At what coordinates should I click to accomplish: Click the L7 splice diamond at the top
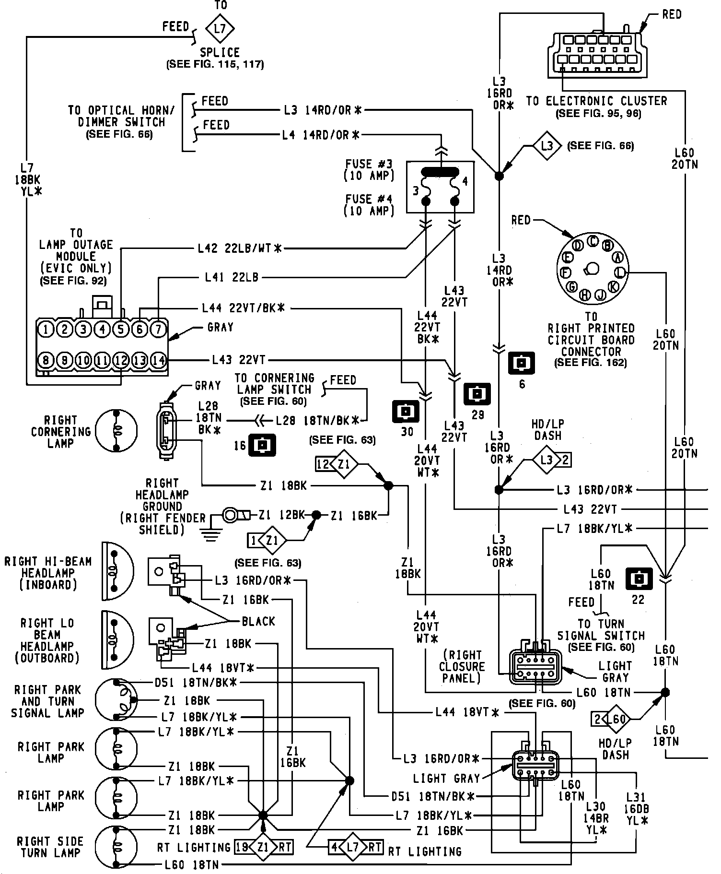(220, 28)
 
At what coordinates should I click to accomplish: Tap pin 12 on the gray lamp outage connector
(121, 360)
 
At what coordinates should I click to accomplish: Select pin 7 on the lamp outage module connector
(158, 329)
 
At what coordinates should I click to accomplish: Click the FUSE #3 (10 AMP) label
(369, 169)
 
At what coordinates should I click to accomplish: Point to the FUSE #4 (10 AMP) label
(369, 205)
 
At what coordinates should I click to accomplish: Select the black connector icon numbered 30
(406, 411)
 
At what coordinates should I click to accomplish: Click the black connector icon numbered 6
(522, 363)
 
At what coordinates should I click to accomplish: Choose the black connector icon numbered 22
(639, 579)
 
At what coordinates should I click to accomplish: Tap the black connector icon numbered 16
(262, 445)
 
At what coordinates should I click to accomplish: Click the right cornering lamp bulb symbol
(116, 431)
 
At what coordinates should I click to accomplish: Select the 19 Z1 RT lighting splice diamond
(263, 847)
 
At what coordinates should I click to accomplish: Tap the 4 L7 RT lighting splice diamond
(354, 847)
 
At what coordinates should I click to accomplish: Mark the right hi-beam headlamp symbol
(116, 571)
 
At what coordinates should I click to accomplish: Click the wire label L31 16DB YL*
(637, 808)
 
